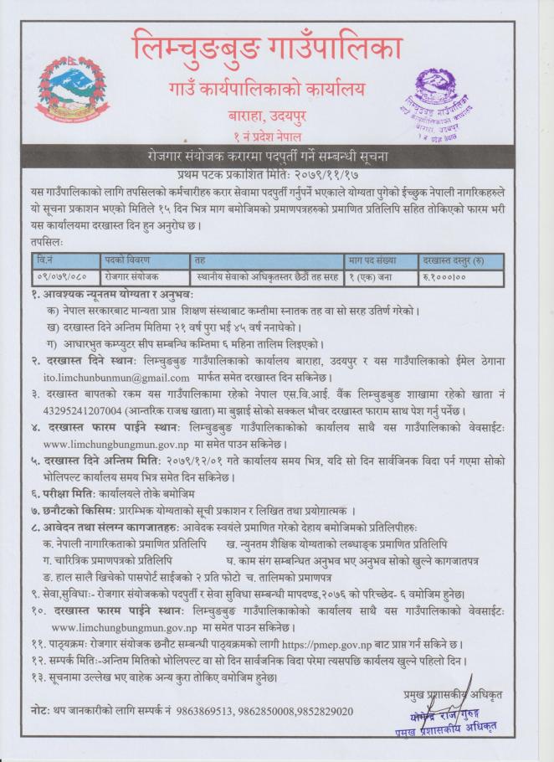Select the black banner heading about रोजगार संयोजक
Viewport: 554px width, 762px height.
click(x=276, y=158)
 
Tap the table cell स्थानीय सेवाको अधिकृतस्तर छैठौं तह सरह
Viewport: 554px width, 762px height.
click(x=265, y=276)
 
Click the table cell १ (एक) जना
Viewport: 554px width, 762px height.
click(x=368, y=276)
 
